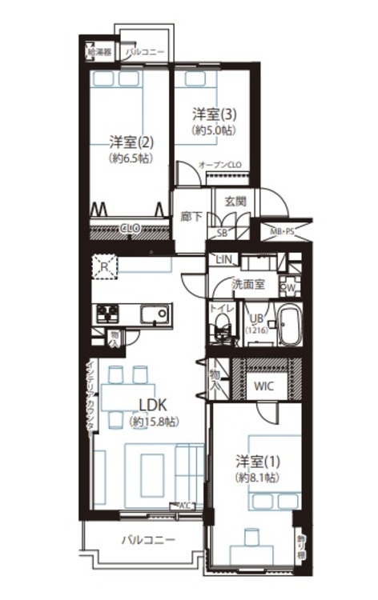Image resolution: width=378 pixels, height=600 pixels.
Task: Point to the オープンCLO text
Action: (219, 164)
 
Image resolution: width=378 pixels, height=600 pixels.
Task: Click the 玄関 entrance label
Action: (235, 200)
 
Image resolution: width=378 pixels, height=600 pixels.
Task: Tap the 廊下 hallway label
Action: (191, 216)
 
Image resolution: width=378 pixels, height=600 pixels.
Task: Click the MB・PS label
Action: (281, 233)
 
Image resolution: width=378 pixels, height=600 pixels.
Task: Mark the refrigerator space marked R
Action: (104, 267)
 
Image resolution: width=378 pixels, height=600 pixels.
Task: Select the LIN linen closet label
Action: (223, 260)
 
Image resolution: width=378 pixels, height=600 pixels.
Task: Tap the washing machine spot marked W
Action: (292, 286)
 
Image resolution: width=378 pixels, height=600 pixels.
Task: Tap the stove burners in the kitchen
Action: (107, 313)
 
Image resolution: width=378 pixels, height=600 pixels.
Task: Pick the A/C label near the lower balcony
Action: (185, 505)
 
